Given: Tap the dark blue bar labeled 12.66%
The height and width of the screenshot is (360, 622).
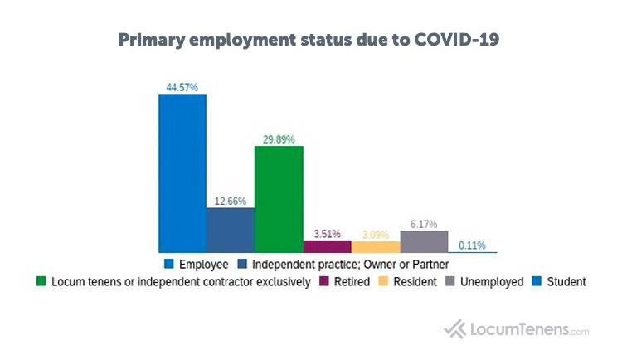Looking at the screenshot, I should click(231, 230).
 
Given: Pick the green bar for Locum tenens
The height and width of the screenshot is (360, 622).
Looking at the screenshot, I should click(279, 199).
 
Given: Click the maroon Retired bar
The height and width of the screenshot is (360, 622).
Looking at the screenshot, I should click(327, 246).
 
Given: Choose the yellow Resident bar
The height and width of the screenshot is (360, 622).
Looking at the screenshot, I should click(375, 247).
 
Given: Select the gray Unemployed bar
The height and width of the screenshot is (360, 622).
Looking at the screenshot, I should click(424, 241).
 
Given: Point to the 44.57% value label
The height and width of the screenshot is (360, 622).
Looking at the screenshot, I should click(182, 87).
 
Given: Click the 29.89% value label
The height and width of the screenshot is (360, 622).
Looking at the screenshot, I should click(279, 139).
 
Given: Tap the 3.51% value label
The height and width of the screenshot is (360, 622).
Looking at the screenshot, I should click(328, 233).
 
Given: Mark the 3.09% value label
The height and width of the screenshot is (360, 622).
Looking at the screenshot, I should click(376, 234).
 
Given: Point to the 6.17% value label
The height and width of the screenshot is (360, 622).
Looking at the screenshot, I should click(424, 223).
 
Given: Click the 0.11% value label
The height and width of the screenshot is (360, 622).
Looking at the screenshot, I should click(472, 245).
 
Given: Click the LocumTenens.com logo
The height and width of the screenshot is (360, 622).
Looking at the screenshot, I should click(516, 328).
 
